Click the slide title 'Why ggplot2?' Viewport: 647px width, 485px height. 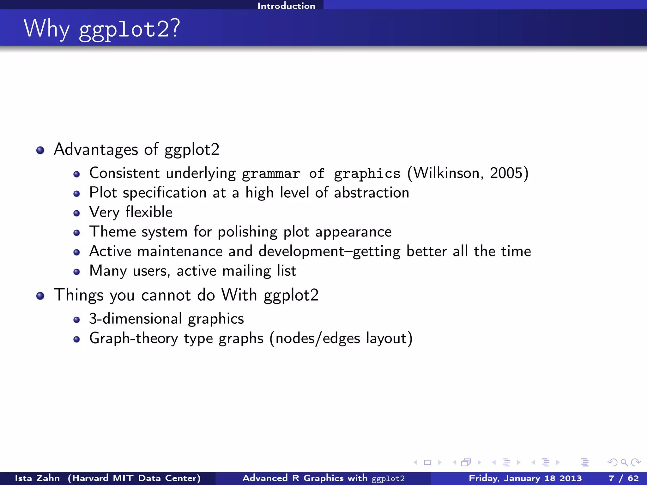coord(102,29)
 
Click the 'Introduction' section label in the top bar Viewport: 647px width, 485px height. coord(286,6)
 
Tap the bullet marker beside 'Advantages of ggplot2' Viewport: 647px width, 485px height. coord(40,150)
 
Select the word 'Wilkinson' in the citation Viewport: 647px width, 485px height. coord(446,173)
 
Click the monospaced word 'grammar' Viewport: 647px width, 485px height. coord(271,174)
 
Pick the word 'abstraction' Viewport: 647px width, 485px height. coord(372,193)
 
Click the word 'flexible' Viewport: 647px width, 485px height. coord(149,212)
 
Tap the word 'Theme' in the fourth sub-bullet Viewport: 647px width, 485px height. coord(112,231)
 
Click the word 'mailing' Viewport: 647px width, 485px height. coord(246,271)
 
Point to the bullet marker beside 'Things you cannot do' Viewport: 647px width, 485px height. coord(40,296)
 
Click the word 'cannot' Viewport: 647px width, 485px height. coord(166,295)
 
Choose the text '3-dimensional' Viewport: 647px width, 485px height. coord(136,319)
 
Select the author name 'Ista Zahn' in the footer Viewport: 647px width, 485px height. coord(37,478)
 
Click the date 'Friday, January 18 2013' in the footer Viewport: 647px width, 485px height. coord(525,478)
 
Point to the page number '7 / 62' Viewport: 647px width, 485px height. coord(624,478)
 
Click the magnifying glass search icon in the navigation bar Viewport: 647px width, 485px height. coord(624,463)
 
